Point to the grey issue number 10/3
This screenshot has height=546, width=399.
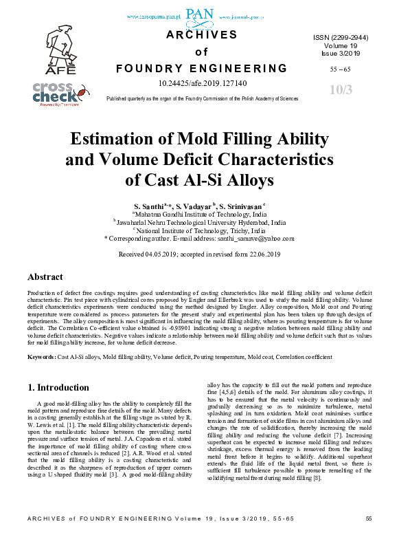341,90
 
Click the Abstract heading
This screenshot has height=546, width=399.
46,277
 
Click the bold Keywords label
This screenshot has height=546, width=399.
41,357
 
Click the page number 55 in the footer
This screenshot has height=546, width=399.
368,536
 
